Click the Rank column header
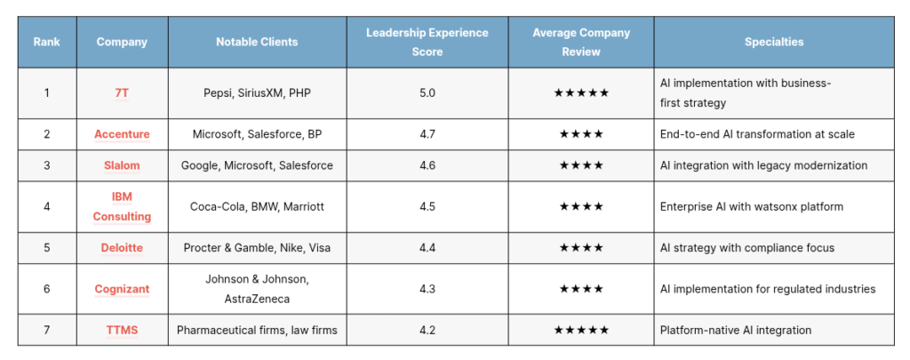[46, 42]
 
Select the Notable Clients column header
[257, 42]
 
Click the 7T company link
[122, 92]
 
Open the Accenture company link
[122, 134]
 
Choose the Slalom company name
[122, 165]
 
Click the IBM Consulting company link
[122, 206]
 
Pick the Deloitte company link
[122, 248]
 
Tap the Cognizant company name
[122, 289]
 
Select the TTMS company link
[122, 331]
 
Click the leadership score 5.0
[427, 92]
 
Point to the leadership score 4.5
[427, 206]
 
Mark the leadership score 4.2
[427, 331]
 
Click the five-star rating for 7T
[581, 92]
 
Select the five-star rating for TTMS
[581, 331]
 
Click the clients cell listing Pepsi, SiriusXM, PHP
[257, 92]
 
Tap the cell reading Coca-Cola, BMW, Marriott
[257, 206]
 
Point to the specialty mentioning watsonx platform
[751, 206]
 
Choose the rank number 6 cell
[46, 289]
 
